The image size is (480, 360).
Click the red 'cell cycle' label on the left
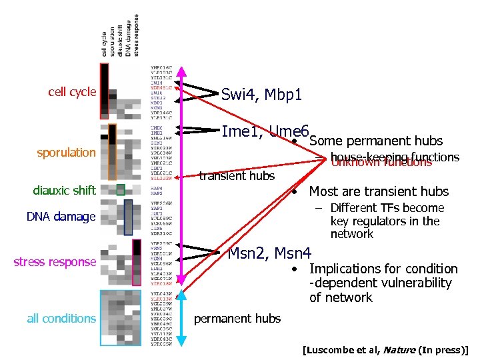[72, 92]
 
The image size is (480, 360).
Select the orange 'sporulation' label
[66, 153]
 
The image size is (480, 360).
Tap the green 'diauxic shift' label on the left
[64, 191]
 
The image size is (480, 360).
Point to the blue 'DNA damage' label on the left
[61, 216]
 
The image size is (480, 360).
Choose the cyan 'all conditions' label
[61, 318]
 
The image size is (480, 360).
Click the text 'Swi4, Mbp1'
[261, 95]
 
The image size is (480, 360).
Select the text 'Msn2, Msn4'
[269, 253]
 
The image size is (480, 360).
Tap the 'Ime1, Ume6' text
[265, 131]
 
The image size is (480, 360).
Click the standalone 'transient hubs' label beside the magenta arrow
[237, 176]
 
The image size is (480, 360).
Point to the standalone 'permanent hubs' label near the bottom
[237, 318]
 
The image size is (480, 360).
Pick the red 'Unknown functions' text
[381, 162]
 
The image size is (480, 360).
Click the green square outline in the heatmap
[120, 189]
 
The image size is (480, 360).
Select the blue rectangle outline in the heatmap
[128, 217]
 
